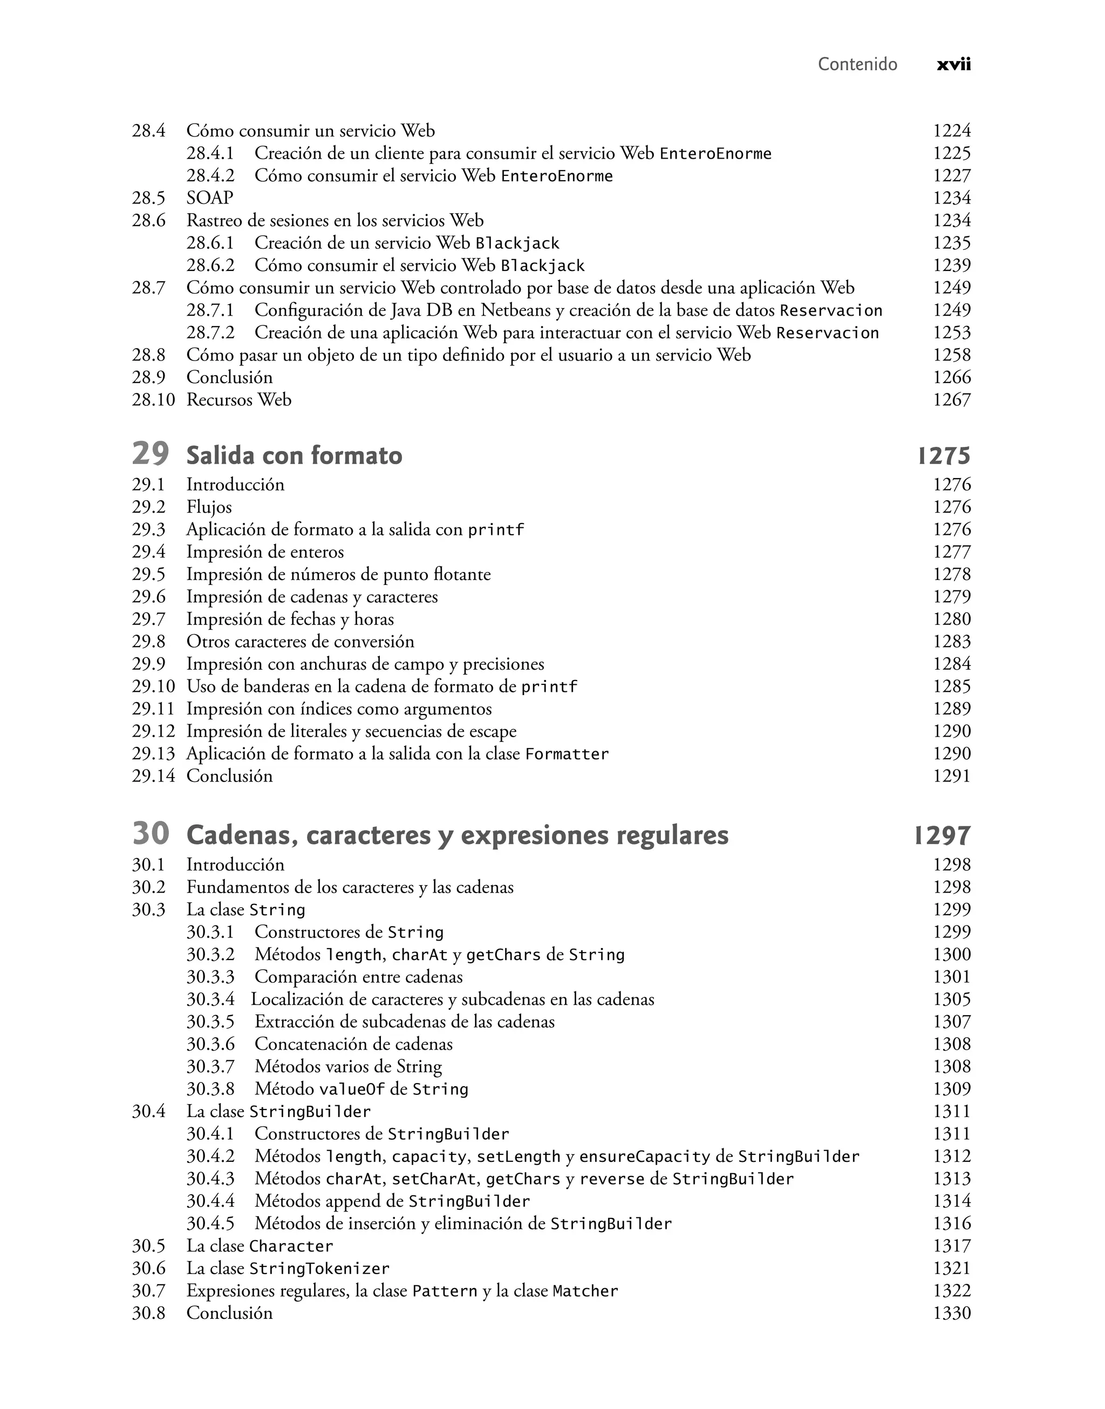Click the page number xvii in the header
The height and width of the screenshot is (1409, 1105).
pyautogui.click(x=953, y=65)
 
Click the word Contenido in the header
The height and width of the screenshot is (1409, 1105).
pyautogui.click(x=857, y=65)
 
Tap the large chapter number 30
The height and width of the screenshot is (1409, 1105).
pyautogui.click(x=150, y=833)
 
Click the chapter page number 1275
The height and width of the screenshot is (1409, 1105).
pyautogui.click(x=944, y=456)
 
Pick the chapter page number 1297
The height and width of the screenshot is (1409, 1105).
pyautogui.click(x=942, y=836)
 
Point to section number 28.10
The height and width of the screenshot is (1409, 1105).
pyautogui.click(x=153, y=400)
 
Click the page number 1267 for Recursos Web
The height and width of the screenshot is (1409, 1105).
pyautogui.click(x=951, y=400)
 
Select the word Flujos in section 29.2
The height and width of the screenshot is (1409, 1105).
pyautogui.click(x=209, y=507)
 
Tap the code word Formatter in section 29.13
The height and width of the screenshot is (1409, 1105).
pyautogui.click(x=567, y=754)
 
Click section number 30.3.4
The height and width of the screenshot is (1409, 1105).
pyautogui.click(x=210, y=999)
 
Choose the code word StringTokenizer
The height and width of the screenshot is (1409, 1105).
pyautogui.click(x=319, y=1269)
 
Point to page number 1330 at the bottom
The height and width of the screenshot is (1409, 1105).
pyautogui.click(x=951, y=1313)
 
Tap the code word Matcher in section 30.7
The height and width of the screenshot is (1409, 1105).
pyautogui.click(x=585, y=1291)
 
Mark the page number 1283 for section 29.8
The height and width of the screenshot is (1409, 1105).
pyautogui.click(x=951, y=642)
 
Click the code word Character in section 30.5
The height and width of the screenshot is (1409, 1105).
pyautogui.click(x=291, y=1246)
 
